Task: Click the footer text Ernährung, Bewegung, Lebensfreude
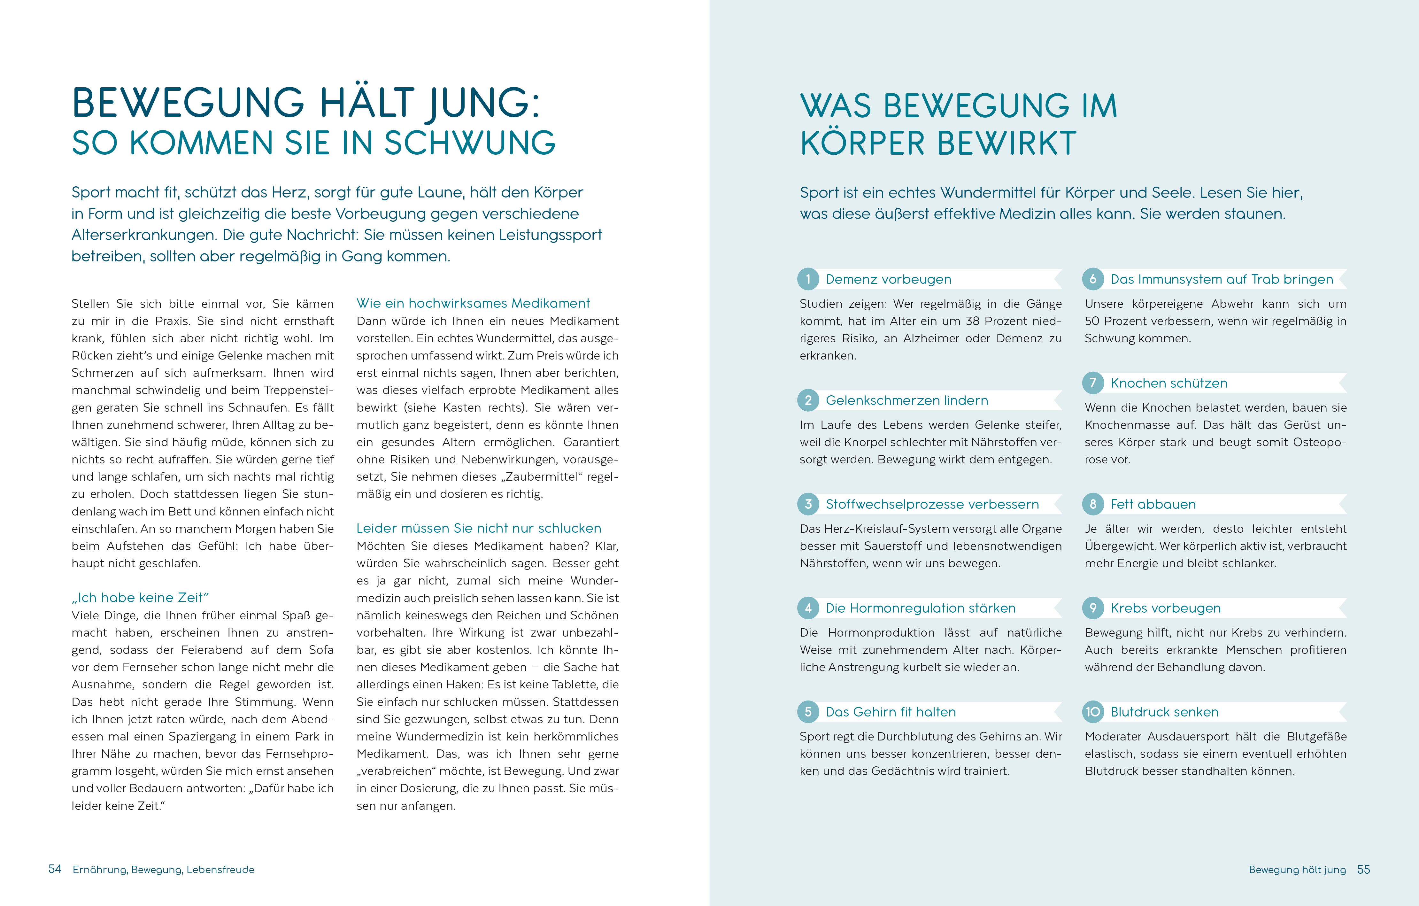(163, 870)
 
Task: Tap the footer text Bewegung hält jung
(1297, 870)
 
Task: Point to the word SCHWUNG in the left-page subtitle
(470, 143)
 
